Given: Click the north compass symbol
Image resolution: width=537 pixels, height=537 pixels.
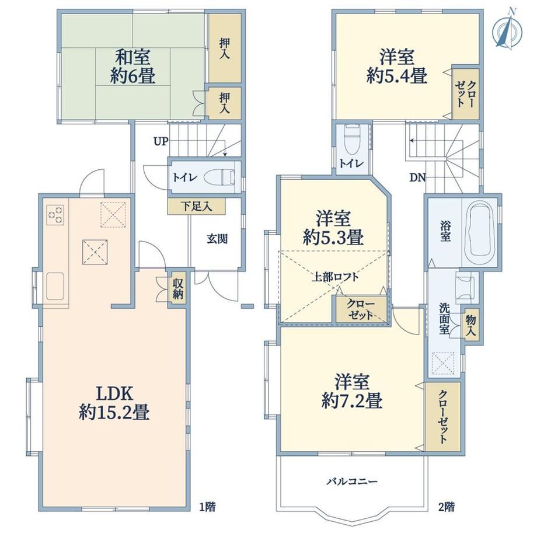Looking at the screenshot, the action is pyautogui.click(x=507, y=32).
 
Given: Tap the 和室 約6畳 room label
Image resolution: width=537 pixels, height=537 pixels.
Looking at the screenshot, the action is pyautogui.click(x=132, y=66).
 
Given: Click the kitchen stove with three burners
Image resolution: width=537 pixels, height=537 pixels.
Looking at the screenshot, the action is pyautogui.click(x=55, y=214).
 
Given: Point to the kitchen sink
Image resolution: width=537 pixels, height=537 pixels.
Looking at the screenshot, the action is pyautogui.click(x=55, y=286).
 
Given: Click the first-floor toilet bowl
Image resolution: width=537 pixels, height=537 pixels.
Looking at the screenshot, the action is pyautogui.click(x=219, y=178).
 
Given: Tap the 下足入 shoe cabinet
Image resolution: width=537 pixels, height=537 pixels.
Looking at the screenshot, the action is pyautogui.click(x=196, y=207).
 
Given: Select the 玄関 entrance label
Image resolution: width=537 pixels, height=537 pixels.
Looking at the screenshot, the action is pyautogui.click(x=217, y=239).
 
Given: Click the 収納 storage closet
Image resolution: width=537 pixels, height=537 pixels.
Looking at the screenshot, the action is pyautogui.click(x=178, y=288).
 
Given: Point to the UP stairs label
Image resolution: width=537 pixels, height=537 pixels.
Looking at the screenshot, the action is pyautogui.click(x=161, y=141).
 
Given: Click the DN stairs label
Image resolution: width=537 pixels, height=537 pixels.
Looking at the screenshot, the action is pyautogui.click(x=417, y=177).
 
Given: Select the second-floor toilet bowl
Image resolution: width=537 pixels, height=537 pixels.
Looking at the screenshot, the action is pyautogui.click(x=352, y=141).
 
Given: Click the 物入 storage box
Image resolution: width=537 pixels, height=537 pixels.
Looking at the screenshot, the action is pyautogui.click(x=471, y=325).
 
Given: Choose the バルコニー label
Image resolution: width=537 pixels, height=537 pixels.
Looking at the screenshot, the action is pyautogui.click(x=352, y=482).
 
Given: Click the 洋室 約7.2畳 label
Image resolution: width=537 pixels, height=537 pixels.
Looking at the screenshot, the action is pyautogui.click(x=352, y=391).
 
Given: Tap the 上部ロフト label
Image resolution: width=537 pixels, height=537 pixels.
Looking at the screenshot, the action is pyautogui.click(x=334, y=277).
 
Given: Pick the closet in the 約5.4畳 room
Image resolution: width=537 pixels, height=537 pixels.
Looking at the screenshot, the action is pyautogui.click(x=465, y=94).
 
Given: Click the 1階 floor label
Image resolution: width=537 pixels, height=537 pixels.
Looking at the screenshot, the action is pyautogui.click(x=208, y=507).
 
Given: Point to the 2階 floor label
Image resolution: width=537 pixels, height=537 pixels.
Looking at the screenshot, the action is pyautogui.click(x=447, y=507).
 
